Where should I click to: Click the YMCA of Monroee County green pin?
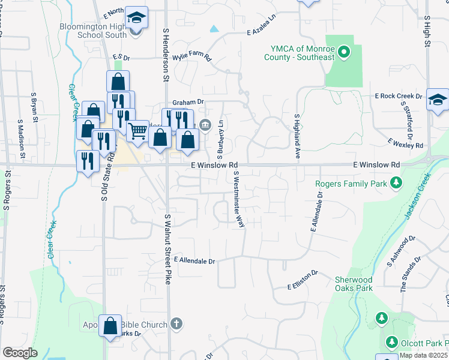click(344, 52)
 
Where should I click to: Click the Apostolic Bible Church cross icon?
click(176, 325)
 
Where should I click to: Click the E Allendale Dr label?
click(194, 261)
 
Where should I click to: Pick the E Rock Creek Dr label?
click(399, 96)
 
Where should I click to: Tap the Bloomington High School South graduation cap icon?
click(136, 18)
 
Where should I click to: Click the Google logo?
click(20, 352)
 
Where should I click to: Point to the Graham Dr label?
click(188, 102)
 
